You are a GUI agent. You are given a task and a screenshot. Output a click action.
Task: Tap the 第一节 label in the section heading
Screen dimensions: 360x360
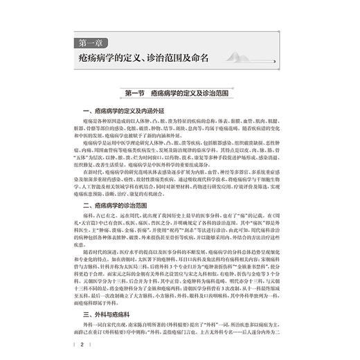coord(133,92)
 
